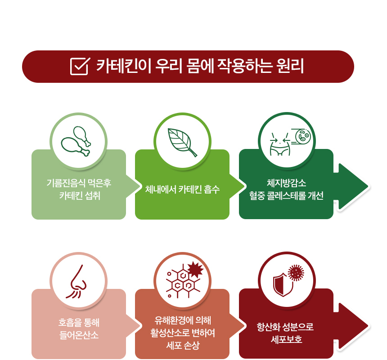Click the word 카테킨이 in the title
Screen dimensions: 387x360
(123, 66)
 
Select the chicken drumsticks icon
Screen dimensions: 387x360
(76, 141)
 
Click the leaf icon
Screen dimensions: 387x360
(182, 142)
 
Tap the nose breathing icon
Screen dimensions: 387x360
(76, 282)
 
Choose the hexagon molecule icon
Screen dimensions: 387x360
(184, 279)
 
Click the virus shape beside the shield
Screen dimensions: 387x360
(296, 273)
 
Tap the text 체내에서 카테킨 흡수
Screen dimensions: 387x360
(182, 189)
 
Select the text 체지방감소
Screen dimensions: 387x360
(286, 183)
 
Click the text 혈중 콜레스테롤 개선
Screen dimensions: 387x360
(286, 196)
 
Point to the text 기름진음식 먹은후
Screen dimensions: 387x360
(79, 183)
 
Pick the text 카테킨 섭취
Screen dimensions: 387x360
(80, 196)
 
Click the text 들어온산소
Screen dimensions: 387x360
(79, 335)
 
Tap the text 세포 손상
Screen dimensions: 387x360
(183, 346)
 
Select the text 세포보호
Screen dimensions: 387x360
(286, 339)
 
